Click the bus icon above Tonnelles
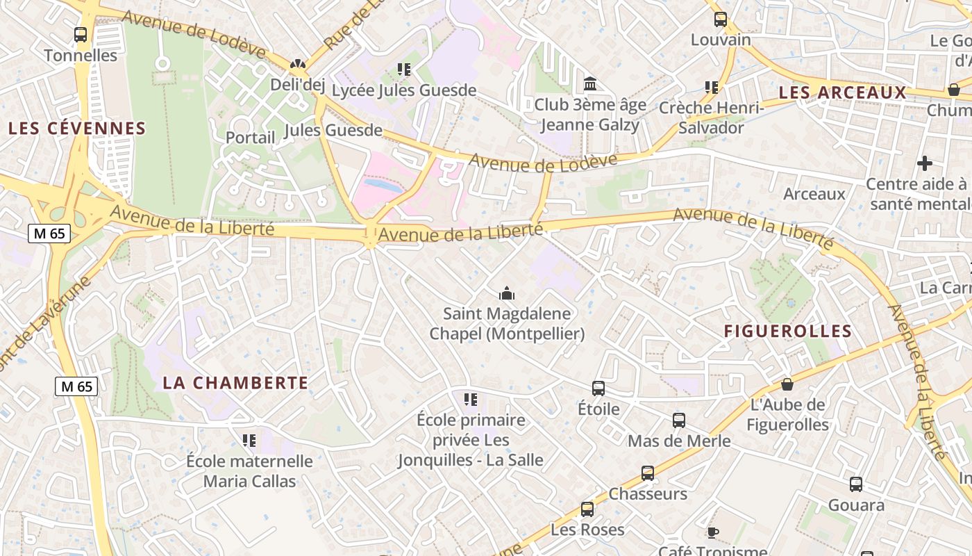coord(81,34)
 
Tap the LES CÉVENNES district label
coord(77,129)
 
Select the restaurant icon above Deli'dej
coord(298,65)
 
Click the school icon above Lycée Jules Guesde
coord(404,69)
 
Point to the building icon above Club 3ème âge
coord(590,83)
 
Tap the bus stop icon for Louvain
coord(721,19)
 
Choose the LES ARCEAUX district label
coord(843,92)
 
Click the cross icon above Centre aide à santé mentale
coord(924,163)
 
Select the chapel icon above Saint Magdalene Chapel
coord(507,293)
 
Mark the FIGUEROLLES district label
coord(787,332)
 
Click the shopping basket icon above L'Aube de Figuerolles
coord(787,384)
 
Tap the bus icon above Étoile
coord(598,388)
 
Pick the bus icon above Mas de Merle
coord(679,420)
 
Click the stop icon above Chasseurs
coord(648,473)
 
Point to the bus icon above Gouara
coord(856,484)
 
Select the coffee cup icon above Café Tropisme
coord(712,532)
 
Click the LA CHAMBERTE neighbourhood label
coord(235,383)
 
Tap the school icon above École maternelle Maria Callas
coord(249,440)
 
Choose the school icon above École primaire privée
coord(471,399)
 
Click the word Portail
coord(250,138)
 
